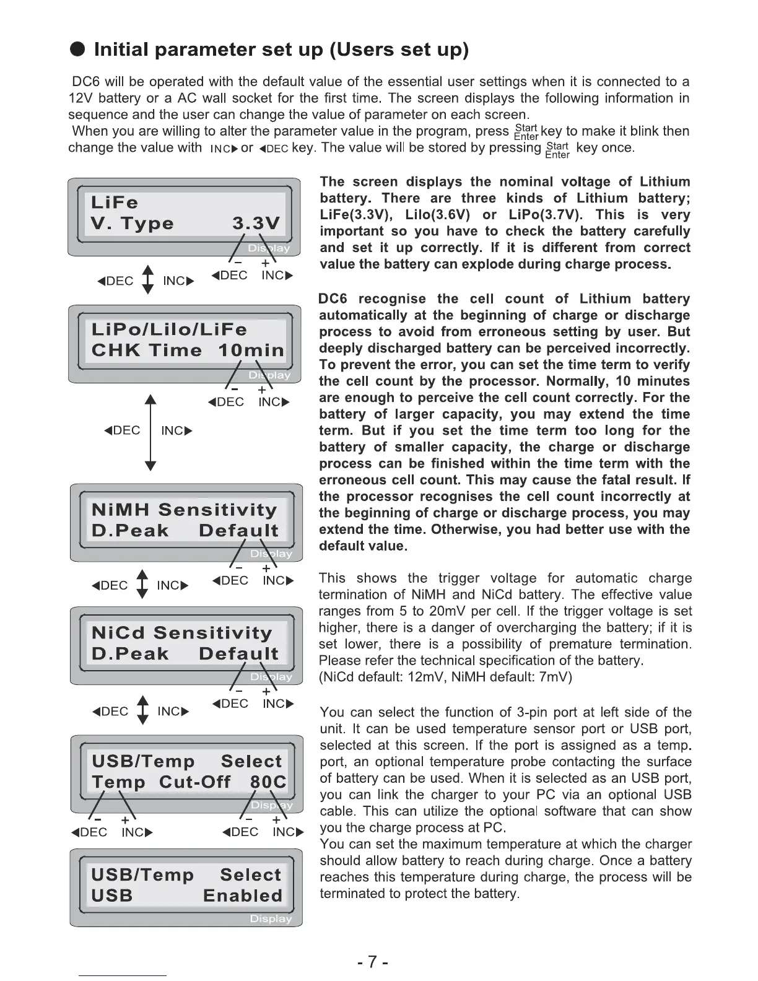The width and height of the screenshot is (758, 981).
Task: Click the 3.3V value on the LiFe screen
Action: pos(256,224)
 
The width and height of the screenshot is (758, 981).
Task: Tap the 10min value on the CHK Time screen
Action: pos(251,351)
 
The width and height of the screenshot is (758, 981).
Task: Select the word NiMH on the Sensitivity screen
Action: pos(121,510)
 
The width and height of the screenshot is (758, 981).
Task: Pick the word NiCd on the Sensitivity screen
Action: pos(118,633)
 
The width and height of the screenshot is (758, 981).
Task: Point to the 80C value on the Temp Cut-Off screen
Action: pos(268,782)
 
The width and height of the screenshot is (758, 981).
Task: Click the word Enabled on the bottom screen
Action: pos(243,896)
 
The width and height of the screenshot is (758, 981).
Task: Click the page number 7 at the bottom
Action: pos(372,962)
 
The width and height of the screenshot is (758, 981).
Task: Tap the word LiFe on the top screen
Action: pos(115,203)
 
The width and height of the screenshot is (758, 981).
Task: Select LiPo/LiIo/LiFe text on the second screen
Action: pos(169,329)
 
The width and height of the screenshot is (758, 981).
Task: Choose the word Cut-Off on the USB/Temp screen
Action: pos(194,782)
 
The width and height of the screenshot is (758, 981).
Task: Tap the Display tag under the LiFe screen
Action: pos(269,248)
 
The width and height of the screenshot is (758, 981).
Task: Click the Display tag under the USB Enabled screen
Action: pos(271,919)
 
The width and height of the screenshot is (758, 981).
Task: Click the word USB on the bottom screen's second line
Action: pos(112,896)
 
